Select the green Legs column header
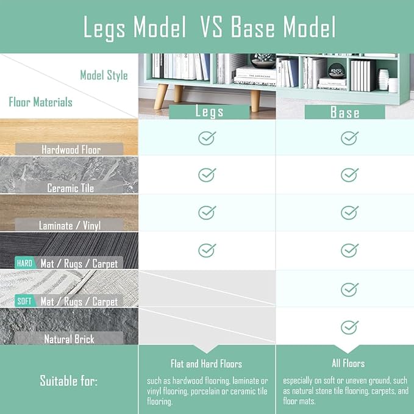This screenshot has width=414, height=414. pos(209,112)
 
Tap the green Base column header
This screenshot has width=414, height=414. pos(345,112)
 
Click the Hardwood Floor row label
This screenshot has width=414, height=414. pos(71,150)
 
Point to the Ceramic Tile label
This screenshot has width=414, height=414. pos(71,188)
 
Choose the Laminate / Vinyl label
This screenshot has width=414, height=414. pos(70,226)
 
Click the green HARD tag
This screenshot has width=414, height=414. pos(25,263)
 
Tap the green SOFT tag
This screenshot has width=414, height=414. pos(24,301)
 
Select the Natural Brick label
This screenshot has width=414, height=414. pos(69,339)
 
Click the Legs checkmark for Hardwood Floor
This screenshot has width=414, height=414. pos(207,138)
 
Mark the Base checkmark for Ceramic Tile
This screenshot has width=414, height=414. pos(349,175)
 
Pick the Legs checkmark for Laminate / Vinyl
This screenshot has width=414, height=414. pos(207,213)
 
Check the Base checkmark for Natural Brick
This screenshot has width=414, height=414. pos(349,327)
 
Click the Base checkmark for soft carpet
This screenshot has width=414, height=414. pos(349,290)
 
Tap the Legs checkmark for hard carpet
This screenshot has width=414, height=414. pos(207,251)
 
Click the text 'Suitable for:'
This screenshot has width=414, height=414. pos(69,380)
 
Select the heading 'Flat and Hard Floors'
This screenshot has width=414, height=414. pos(207,364)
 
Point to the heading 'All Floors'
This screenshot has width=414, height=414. pos(348,363)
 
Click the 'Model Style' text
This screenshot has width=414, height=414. pos(104,76)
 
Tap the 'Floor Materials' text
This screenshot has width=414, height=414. pos(41,102)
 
